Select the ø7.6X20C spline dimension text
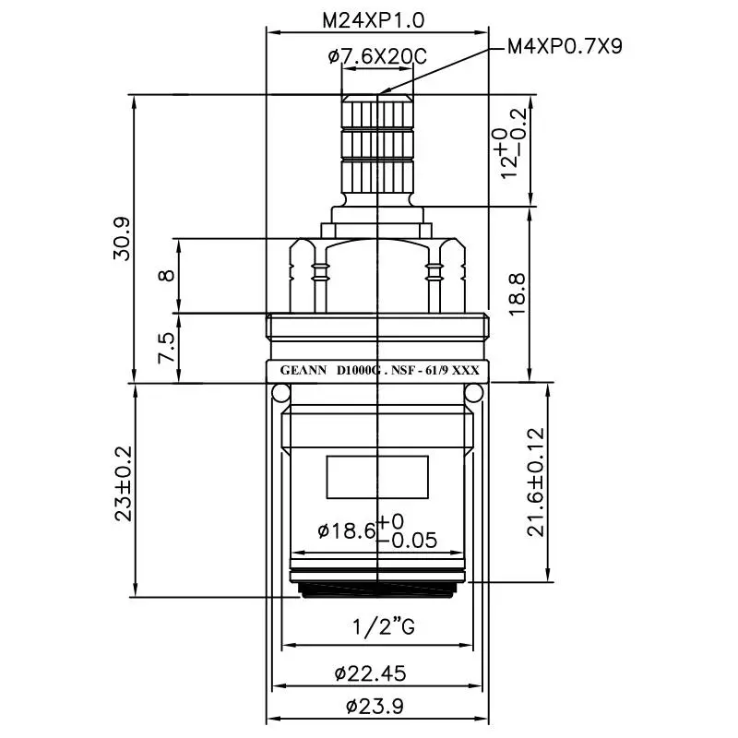377,57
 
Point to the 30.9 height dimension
121,238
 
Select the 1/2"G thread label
377,628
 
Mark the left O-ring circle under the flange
280,394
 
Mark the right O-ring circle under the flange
475,394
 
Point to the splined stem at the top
377,143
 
